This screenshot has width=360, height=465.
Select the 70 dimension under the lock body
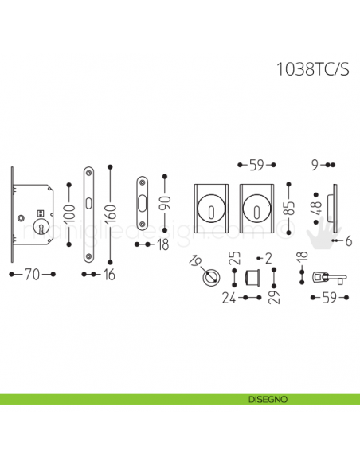[32, 274]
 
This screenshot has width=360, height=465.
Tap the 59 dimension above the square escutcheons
[256, 166]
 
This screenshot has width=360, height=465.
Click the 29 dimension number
[274, 297]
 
